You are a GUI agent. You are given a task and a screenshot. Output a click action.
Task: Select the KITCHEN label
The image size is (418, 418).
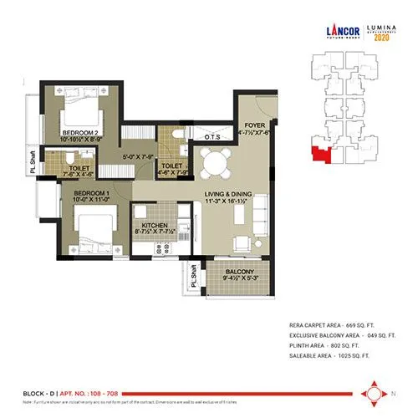pyautogui.click(x=155, y=227)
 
